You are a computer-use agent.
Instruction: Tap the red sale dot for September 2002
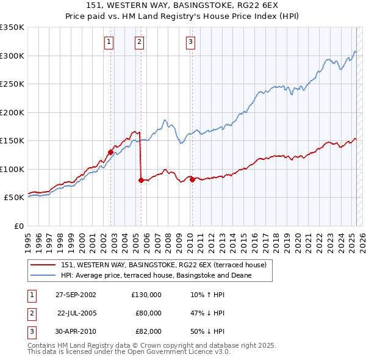pos(111,152)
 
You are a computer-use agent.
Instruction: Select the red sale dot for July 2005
pos(141,180)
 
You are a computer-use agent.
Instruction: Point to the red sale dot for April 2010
pos(192,179)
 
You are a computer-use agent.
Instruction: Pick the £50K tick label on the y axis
pos(14,198)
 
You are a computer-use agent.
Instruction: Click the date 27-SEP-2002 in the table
pos(76,294)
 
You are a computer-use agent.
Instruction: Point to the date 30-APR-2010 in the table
pos(76,331)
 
